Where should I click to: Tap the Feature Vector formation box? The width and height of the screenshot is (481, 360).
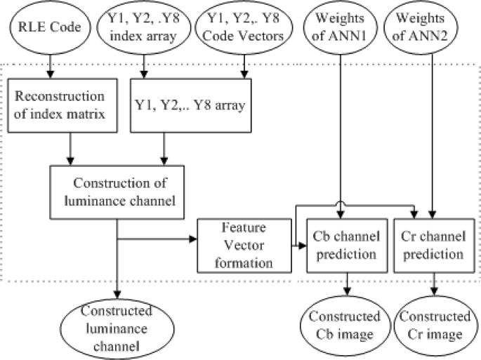pos(244,246)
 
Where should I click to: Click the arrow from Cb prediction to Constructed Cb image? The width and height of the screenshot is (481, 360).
pos(345,286)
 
